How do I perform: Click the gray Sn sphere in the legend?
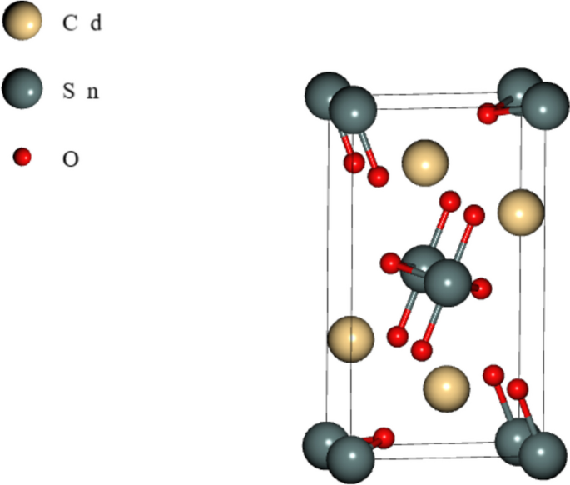pyautogui.click(x=22, y=88)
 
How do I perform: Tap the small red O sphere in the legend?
pyautogui.click(x=22, y=156)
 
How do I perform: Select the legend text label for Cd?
pyautogui.click(x=82, y=23)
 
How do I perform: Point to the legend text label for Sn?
pyautogui.click(x=81, y=90)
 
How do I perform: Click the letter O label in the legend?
pyautogui.click(x=71, y=158)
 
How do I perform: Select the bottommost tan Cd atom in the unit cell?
pyautogui.click(x=447, y=387)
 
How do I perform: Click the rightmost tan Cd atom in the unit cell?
pyautogui.click(x=521, y=212)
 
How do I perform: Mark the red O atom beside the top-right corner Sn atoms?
pyautogui.click(x=488, y=114)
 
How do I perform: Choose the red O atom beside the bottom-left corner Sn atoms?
pyautogui.click(x=384, y=436)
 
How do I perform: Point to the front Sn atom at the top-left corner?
pyautogui.click(x=354, y=110)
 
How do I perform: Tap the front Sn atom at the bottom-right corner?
pyautogui.click(x=543, y=456)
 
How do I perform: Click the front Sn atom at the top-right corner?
pyautogui.click(x=545, y=105)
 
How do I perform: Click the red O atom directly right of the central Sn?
pyautogui.click(x=481, y=289)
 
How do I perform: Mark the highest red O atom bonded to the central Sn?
pyautogui.click(x=449, y=200)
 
